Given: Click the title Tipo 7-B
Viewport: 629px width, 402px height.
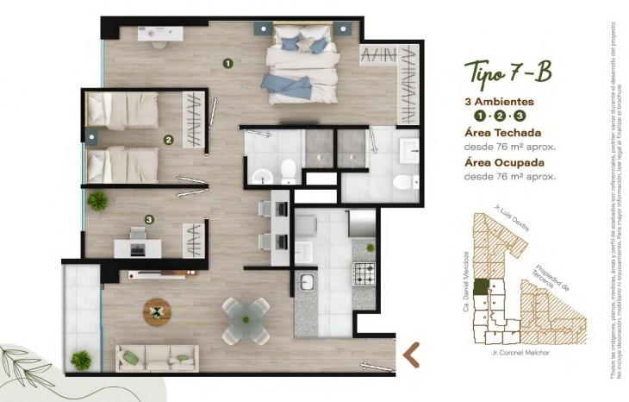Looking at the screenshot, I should pyautogui.click(x=508, y=72).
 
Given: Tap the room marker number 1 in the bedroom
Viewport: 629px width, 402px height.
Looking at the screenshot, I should pyautogui.click(x=228, y=62).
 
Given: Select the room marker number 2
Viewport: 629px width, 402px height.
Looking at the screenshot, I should pyautogui.click(x=168, y=139).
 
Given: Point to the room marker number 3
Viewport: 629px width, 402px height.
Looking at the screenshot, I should pyautogui.click(x=149, y=220).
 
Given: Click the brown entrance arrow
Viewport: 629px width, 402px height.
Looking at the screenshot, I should pyautogui.click(x=412, y=354).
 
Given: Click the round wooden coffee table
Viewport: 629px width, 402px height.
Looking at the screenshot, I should pyautogui.click(x=158, y=310).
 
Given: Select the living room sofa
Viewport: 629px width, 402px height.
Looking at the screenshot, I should pyautogui.click(x=157, y=356).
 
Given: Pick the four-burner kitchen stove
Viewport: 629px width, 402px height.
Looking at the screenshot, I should pyautogui.click(x=364, y=275).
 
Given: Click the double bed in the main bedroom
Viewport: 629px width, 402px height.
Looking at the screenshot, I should pyautogui.click(x=301, y=65).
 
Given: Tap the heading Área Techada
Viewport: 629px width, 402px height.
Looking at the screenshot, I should pyautogui.click(x=502, y=132).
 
